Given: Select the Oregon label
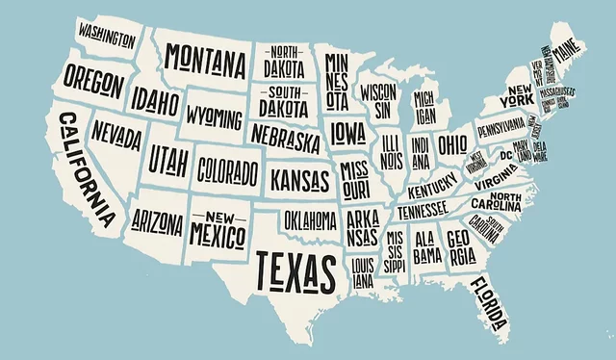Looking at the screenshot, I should pyautogui.click(x=92, y=84).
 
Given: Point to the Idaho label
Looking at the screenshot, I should pyautogui.click(x=156, y=101).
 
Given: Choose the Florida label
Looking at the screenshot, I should pyautogui.click(x=489, y=303).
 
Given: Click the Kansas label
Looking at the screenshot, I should pyautogui.click(x=300, y=180).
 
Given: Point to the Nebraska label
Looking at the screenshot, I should pyautogui.click(x=285, y=139).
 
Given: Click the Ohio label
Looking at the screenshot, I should pyautogui.click(x=452, y=144).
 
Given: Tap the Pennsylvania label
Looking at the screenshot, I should pyautogui.click(x=500, y=126).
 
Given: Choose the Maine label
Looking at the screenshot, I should pyautogui.click(x=569, y=45).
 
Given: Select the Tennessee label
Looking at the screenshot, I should pyautogui.click(x=423, y=210).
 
